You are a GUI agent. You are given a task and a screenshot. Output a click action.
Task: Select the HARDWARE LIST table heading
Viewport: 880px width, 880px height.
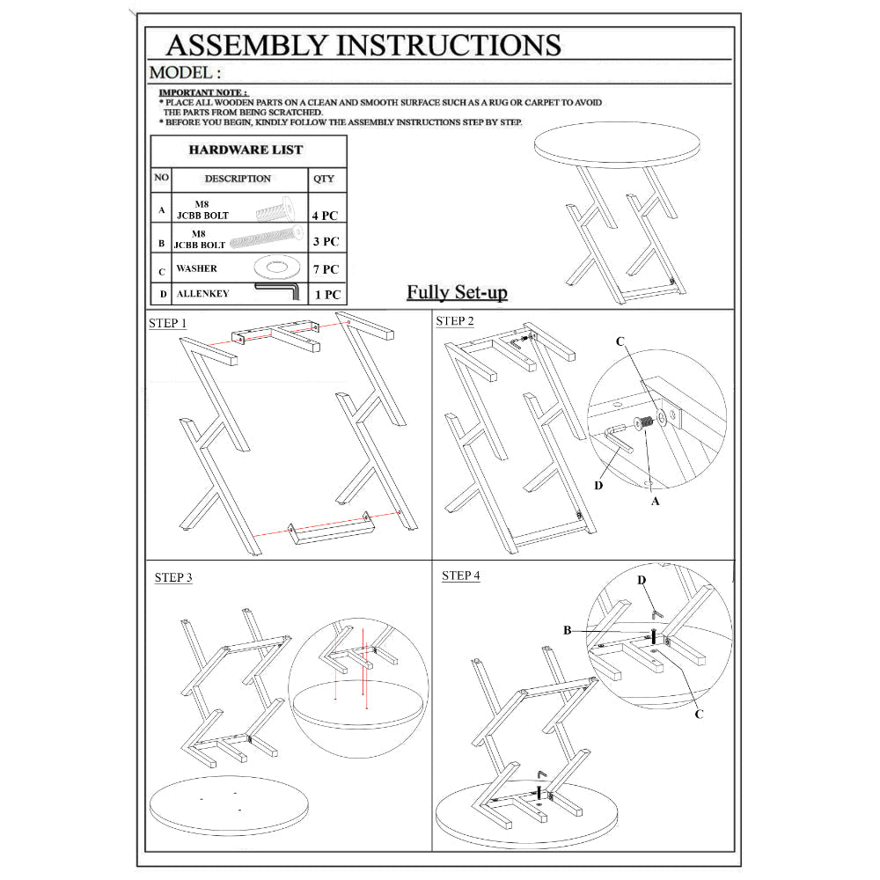tap(246, 150)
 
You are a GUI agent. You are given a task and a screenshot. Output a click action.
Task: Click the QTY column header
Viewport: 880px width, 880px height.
tap(324, 179)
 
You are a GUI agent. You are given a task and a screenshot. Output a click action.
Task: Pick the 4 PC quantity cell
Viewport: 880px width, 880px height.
tap(324, 214)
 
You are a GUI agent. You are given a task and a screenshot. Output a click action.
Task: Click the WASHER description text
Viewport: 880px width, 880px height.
tap(195, 268)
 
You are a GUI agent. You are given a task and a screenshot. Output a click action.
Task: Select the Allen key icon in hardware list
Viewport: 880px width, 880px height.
tap(278, 291)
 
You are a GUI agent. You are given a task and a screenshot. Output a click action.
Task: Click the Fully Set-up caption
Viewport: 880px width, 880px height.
tap(457, 292)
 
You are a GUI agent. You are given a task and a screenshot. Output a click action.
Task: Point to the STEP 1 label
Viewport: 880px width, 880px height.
tap(167, 323)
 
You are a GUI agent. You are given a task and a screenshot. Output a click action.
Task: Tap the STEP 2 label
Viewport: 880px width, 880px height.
tap(455, 321)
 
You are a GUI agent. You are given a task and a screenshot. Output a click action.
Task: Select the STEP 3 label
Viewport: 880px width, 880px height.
tap(173, 577)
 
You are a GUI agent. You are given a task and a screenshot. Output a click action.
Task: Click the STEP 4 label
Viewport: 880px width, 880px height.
tap(461, 576)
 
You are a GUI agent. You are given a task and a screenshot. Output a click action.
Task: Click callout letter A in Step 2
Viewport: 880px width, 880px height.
tap(654, 501)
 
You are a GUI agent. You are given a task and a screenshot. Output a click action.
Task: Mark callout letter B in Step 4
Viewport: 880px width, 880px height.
tap(568, 630)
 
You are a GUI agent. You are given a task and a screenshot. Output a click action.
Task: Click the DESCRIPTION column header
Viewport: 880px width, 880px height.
tap(238, 179)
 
